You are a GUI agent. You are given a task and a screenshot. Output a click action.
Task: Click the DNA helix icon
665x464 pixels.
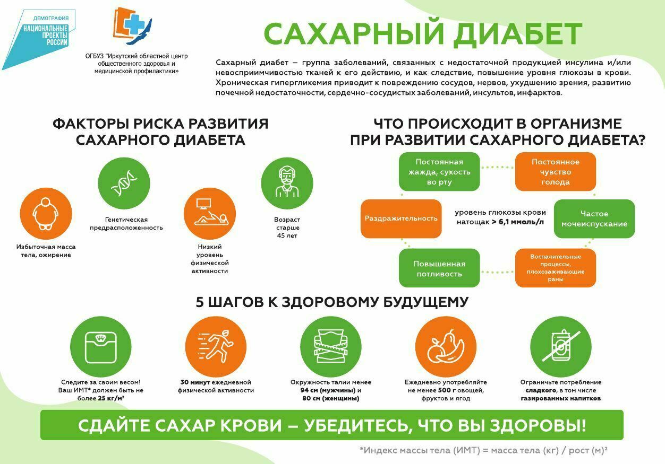click(124, 183)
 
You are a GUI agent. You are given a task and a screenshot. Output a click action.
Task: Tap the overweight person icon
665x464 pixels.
click(46, 214)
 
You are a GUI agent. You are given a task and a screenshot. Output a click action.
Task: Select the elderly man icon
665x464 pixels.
click(287, 182)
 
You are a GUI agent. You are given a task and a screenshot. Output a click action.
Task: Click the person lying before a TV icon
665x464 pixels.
click(210, 212)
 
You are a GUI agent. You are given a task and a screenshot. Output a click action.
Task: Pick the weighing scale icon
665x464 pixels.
click(100, 347)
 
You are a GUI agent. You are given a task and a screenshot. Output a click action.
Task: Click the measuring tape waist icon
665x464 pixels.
click(331, 346)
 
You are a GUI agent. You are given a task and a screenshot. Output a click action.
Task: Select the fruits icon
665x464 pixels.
click(446, 346)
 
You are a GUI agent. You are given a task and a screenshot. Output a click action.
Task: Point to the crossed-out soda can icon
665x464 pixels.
click(561, 346)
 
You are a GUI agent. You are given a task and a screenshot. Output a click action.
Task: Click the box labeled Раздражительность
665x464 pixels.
click(401, 219)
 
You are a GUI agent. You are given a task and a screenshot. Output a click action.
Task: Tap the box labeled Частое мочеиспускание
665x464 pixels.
click(594, 219)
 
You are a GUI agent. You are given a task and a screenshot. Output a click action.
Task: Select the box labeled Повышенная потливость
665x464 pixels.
click(439, 268)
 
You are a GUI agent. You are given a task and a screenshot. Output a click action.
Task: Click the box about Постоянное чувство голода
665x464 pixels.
click(556, 172)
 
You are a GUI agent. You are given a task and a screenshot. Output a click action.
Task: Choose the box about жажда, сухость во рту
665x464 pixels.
click(439, 172)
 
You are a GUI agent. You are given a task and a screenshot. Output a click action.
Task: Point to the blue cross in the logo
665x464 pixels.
click(135, 24)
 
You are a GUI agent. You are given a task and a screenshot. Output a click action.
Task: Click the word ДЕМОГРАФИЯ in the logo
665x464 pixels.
click(51, 19)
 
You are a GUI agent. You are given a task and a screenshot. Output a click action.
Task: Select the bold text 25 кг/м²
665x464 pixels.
click(111, 398)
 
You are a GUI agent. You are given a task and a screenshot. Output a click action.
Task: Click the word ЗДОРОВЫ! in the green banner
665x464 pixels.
click(538, 425)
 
